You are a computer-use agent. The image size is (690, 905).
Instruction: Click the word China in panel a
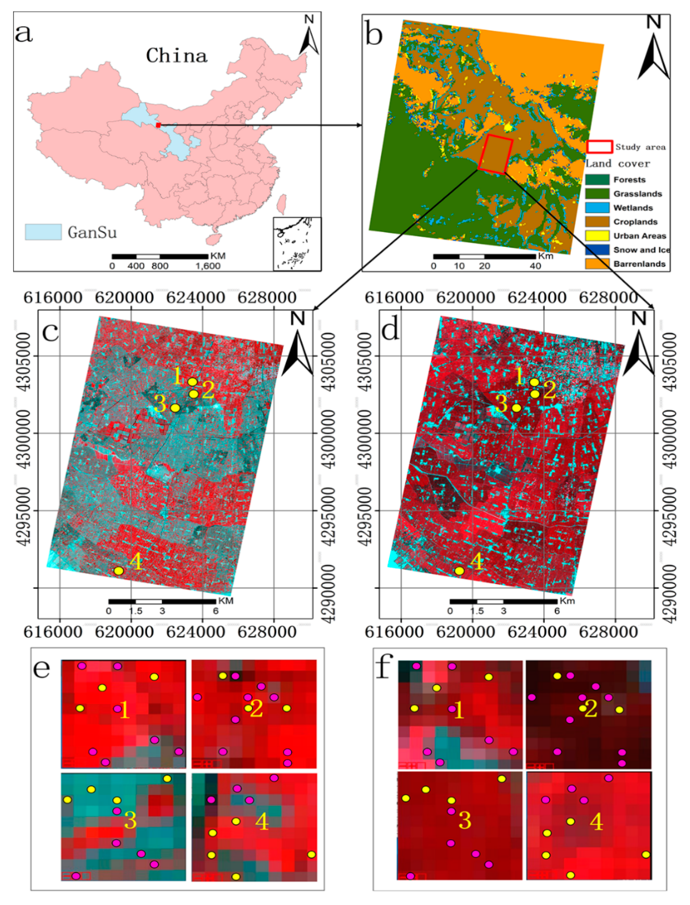click(x=177, y=56)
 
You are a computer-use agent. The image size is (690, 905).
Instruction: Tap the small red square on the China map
click(x=158, y=125)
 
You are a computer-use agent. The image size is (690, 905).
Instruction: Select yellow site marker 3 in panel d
click(x=516, y=408)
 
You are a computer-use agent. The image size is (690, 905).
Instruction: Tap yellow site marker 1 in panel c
click(x=192, y=382)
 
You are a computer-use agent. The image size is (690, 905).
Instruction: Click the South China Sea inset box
click(x=297, y=244)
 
